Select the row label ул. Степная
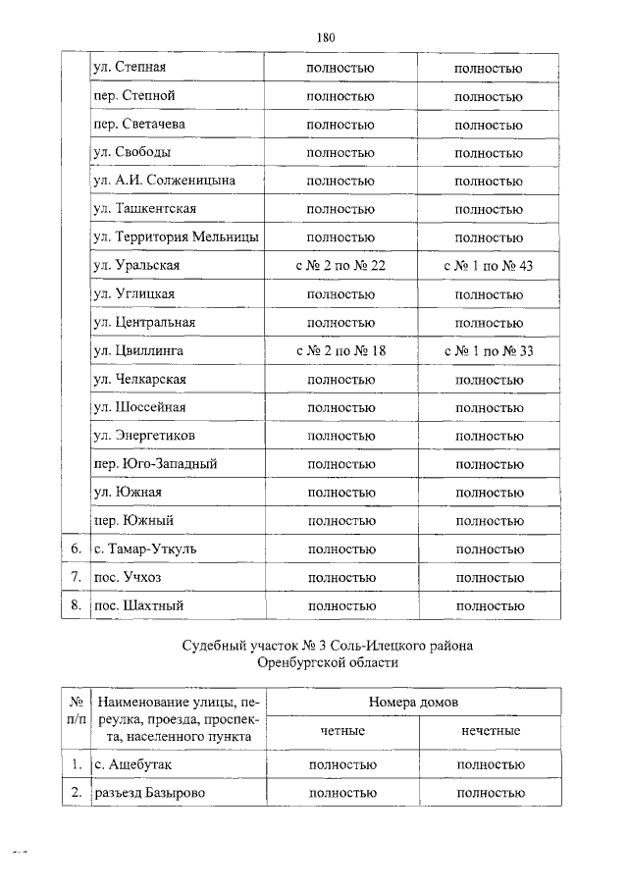pos(129,68)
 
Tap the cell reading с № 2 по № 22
pos(340,266)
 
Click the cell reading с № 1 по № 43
pos(488,266)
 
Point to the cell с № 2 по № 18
pos(340,350)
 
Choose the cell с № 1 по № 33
pos(488,350)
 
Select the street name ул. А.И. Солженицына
pos(164,181)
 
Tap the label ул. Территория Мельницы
pos(176,237)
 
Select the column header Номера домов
pos(413,703)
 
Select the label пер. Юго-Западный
pos(155,464)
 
